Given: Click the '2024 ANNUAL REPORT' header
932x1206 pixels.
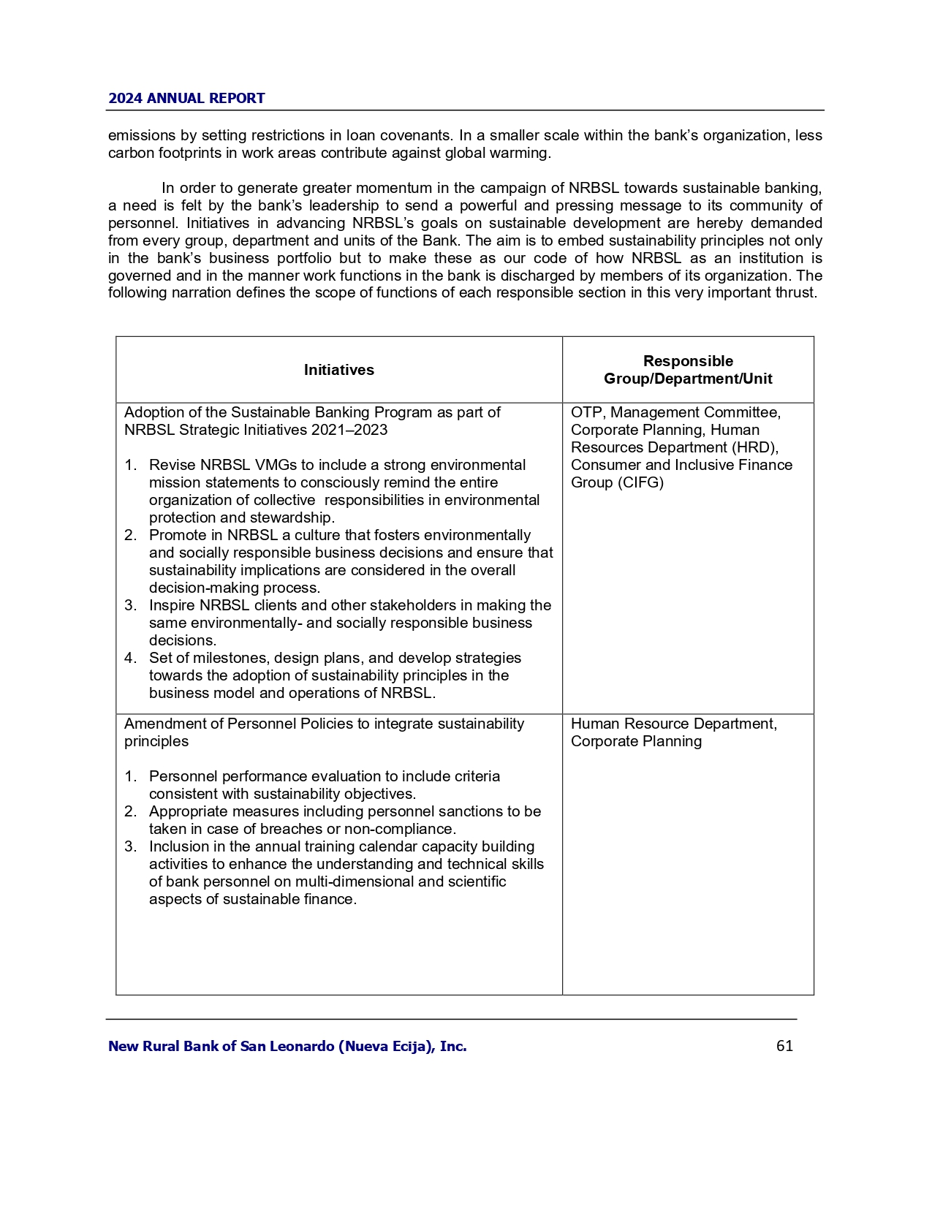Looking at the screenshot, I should pos(186,99).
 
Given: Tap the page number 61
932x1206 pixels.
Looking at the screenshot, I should pos(784,1046).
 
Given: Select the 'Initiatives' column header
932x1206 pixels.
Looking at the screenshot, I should pos(338,370).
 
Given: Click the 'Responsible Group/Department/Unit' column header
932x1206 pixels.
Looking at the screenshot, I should pos(688,370).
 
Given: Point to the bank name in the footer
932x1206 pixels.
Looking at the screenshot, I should pos(287,1046).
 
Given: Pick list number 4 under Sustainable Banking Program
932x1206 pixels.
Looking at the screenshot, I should pos(130,658).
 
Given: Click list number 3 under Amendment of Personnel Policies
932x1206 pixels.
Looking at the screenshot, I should pos(130,846).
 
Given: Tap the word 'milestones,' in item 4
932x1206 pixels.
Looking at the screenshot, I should pos(230,658).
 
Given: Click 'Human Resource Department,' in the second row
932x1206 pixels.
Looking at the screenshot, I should pos(673,724).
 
